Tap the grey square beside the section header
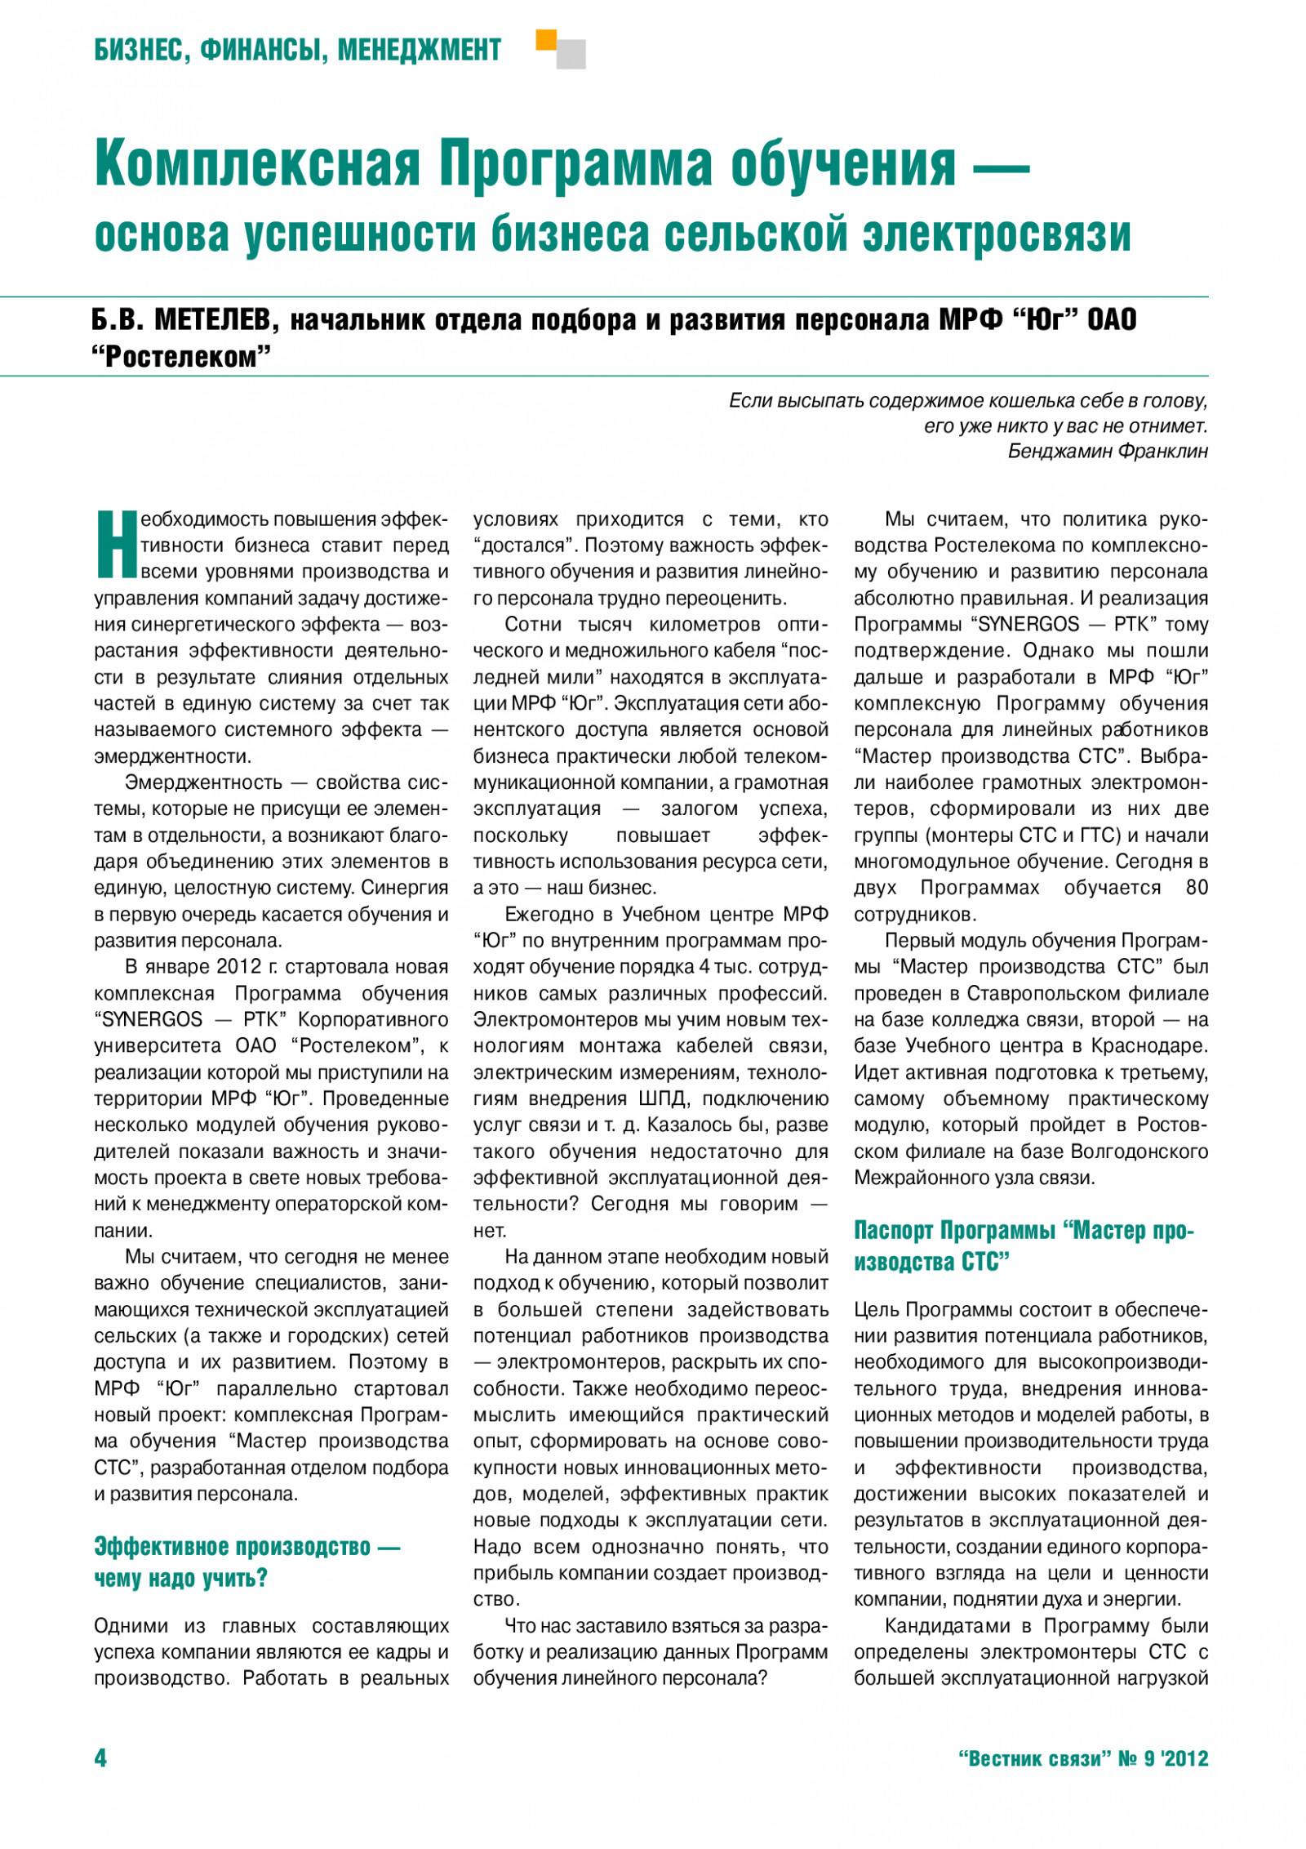(571, 55)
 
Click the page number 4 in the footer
(100, 1758)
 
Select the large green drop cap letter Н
(116, 544)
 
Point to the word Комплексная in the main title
(257, 164)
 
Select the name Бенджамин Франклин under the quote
(1108, 451)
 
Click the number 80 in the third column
(1197, 888)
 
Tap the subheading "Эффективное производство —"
(247, 1547)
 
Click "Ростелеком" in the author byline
(181, 358)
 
